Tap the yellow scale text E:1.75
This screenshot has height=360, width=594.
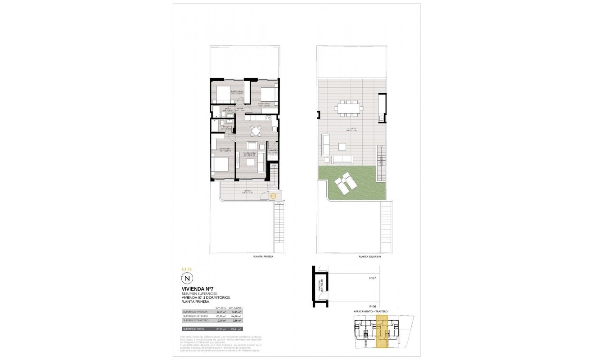(x=187, y=269)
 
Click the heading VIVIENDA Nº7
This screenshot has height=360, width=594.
(x=197, y=289)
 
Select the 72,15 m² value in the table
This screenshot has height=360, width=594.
(x=222, y=311)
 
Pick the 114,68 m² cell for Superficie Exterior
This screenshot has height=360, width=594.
(x=235, y=316)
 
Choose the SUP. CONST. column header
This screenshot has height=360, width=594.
(x=235, y=307)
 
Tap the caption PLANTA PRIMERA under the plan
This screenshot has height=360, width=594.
(x=263, y=256)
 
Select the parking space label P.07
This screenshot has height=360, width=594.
(x=373, y=279)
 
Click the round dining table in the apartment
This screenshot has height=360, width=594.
(x=256, y=131)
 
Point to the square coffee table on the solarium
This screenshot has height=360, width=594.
(x=342, y=147)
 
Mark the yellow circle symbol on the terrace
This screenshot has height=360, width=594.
(x=273, y=195)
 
